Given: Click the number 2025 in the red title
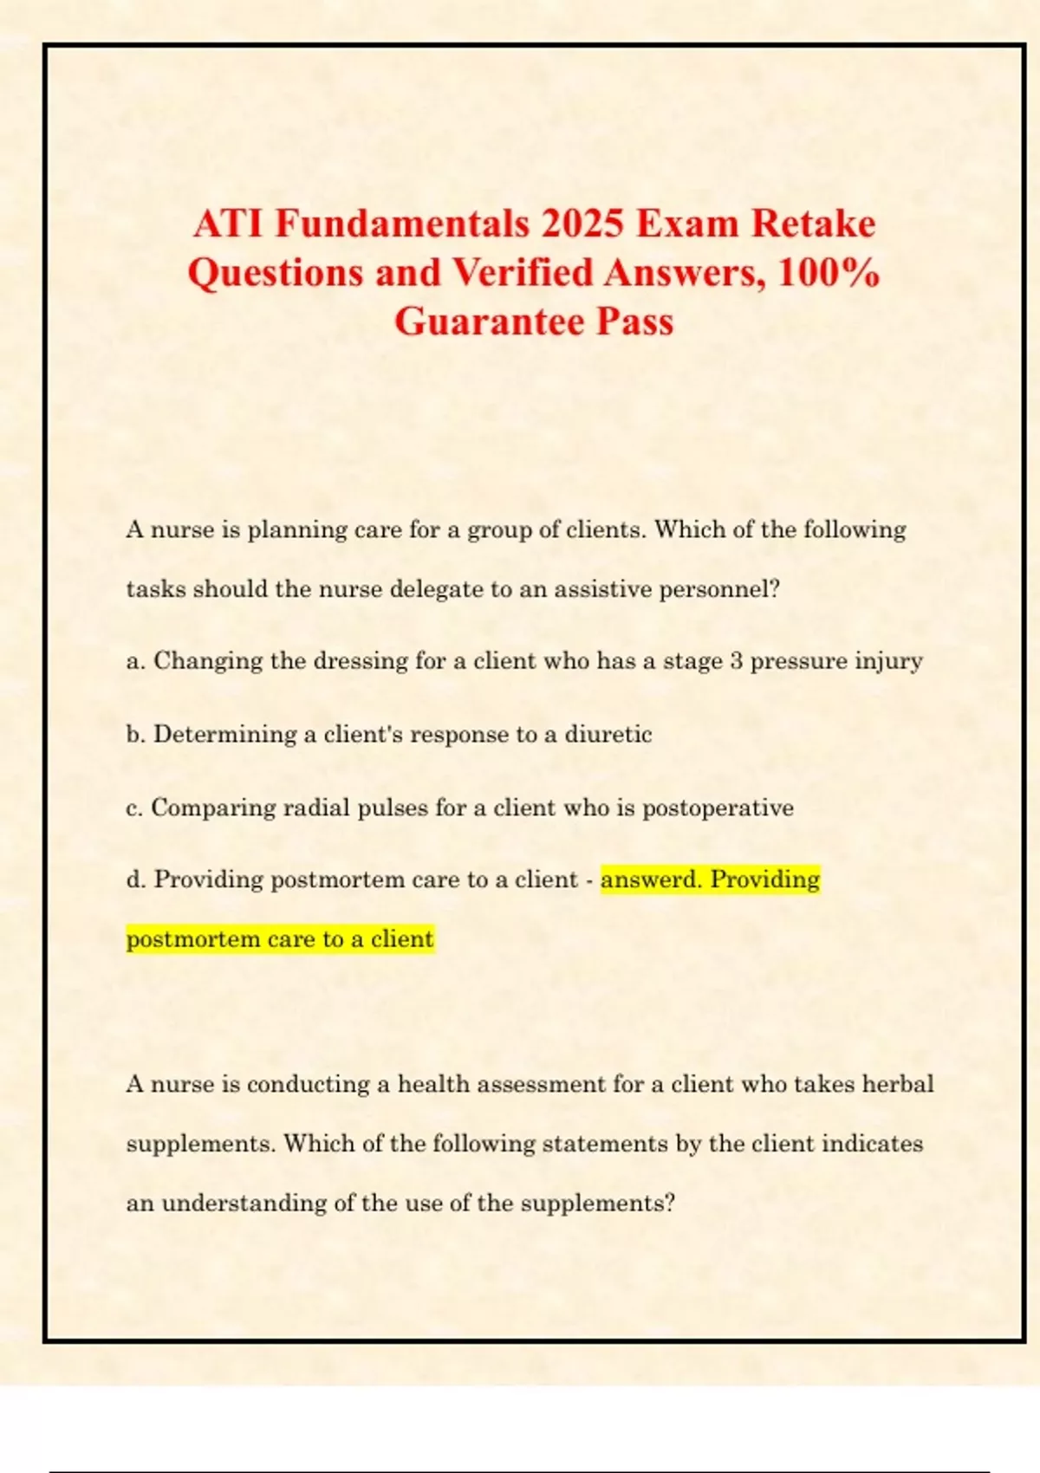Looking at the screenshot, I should [x=582, y=224].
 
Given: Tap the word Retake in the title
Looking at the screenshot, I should [x=813, y=224].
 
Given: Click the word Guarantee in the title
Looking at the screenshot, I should [x=490, y=322].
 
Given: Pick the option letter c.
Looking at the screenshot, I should [x=134, y=808].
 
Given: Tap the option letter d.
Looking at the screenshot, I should [x=135, y=879].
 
